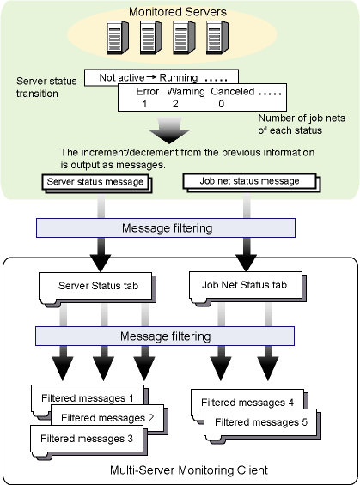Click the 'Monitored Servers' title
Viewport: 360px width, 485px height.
(x=178, y=12)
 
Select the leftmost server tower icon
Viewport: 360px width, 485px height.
(x=118, y=38)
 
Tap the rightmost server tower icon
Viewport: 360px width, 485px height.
(x=217, y=38)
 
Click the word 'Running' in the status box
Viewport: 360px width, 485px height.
(x=179, y=77)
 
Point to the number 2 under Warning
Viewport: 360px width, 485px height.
(x=175, y=104)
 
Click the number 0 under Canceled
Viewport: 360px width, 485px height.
(x=221, y=104)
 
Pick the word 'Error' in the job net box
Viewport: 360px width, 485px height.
(x=147, y=92)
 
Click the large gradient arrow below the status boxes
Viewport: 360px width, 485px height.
(x=169, y=130)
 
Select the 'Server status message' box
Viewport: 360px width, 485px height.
(x=95, y=182)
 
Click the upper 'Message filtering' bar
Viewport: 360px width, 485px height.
(x=166, y=228)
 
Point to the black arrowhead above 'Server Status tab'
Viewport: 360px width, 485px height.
(x=101, y=263)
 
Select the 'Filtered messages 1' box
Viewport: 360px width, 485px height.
(x=88, y=398)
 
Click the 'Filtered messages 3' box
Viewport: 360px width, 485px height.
(x=87, y=440)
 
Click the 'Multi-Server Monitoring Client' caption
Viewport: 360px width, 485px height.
(x=189, y=470)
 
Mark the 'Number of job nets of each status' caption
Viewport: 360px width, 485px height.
(x=302, y=124)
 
